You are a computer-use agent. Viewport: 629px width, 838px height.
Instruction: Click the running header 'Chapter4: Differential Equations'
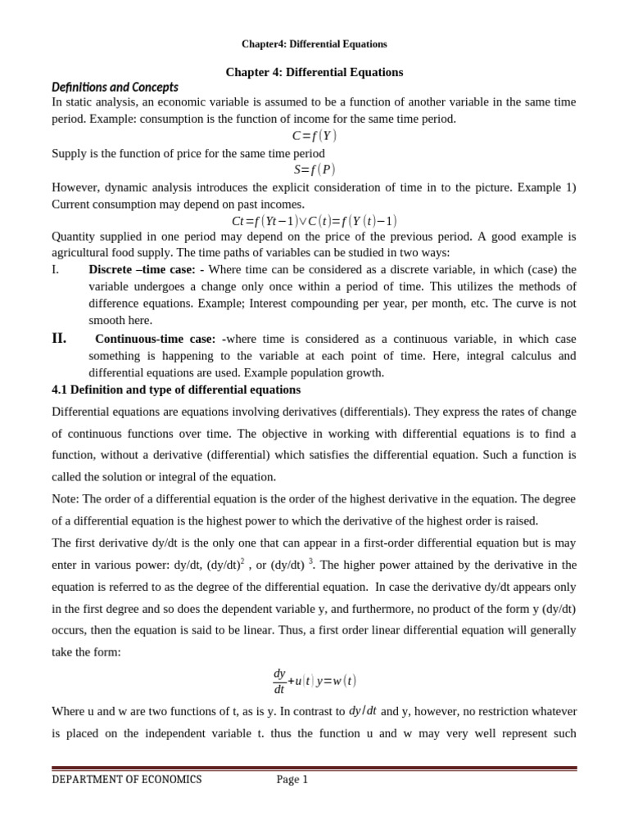tap(314, 44)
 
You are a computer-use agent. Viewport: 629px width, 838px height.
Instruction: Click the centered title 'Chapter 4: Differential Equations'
tap(314, 72)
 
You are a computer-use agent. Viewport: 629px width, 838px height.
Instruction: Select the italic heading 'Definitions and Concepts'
tap(115, 87)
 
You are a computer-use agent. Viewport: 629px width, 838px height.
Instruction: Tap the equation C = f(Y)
tap(314, 136)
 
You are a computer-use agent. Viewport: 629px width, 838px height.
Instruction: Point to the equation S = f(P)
tap(314, 169)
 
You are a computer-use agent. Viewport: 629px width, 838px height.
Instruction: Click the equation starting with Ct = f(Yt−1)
tap(314, 220)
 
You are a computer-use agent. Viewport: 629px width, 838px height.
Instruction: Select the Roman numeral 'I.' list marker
tap(56, 269)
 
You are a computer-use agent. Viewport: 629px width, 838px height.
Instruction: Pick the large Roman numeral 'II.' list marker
tap(59, 339)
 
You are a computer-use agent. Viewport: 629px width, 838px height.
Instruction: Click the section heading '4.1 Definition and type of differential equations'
tap(176, 390)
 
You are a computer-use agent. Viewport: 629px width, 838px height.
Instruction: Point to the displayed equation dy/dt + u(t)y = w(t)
tap(314, 681)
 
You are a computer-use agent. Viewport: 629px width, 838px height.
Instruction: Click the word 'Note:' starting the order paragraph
tap(66, 498)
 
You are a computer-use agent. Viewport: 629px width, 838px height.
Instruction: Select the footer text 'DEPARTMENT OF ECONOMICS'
tap(126, 779)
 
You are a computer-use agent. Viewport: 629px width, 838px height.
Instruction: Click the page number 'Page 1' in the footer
tap(292, 779)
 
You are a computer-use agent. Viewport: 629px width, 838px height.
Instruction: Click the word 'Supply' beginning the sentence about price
tap(68, 153)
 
